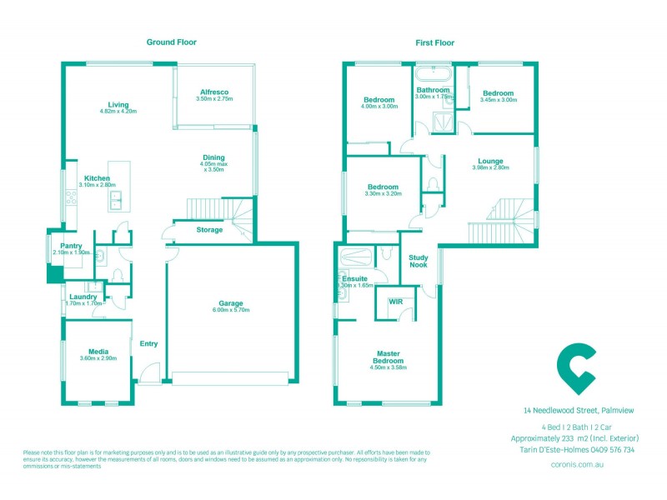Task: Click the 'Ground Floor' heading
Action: pyautogui.click(x=172, y=42)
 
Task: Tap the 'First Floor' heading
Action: pyautogui.click(x=434, y=42)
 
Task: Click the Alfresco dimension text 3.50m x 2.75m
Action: pyautogui.click(x=214, y=99)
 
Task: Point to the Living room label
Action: pyautogui.click(x=118, y=104)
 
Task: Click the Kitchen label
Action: pyautogui.click(x=98, y=177)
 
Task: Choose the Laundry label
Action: pyautogui.click(x=83, y=297)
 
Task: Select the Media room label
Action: pyautogui.click(x=98, y=352)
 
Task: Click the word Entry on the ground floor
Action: pyautogui.click(x=149, y=343)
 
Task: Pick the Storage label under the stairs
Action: pyautogui.click(x=209, y=230)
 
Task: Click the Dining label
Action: pyautogui.click(x=213, y=157)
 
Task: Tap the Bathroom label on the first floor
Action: pyautogui.click(x=434, y=90)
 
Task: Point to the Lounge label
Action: pyautogui.click(x=490, y=161)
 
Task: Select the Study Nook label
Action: pyautogui.click(x=418, y=262)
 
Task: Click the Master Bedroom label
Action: pyautogui.click(x=389, y=357)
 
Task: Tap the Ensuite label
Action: pyautogui.click(x=355, y=278)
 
